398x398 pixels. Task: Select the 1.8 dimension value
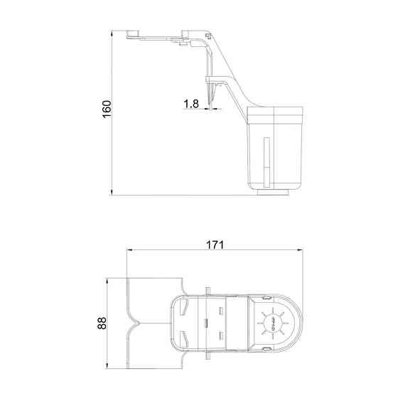(x=190, y=104)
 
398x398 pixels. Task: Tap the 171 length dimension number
(x=215, y=244)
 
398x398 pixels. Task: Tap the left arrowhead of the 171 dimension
(x=129, y=251)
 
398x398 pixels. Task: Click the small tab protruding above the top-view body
(x=206, y=289)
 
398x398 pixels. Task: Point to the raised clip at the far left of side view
(x=131, y=33)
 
